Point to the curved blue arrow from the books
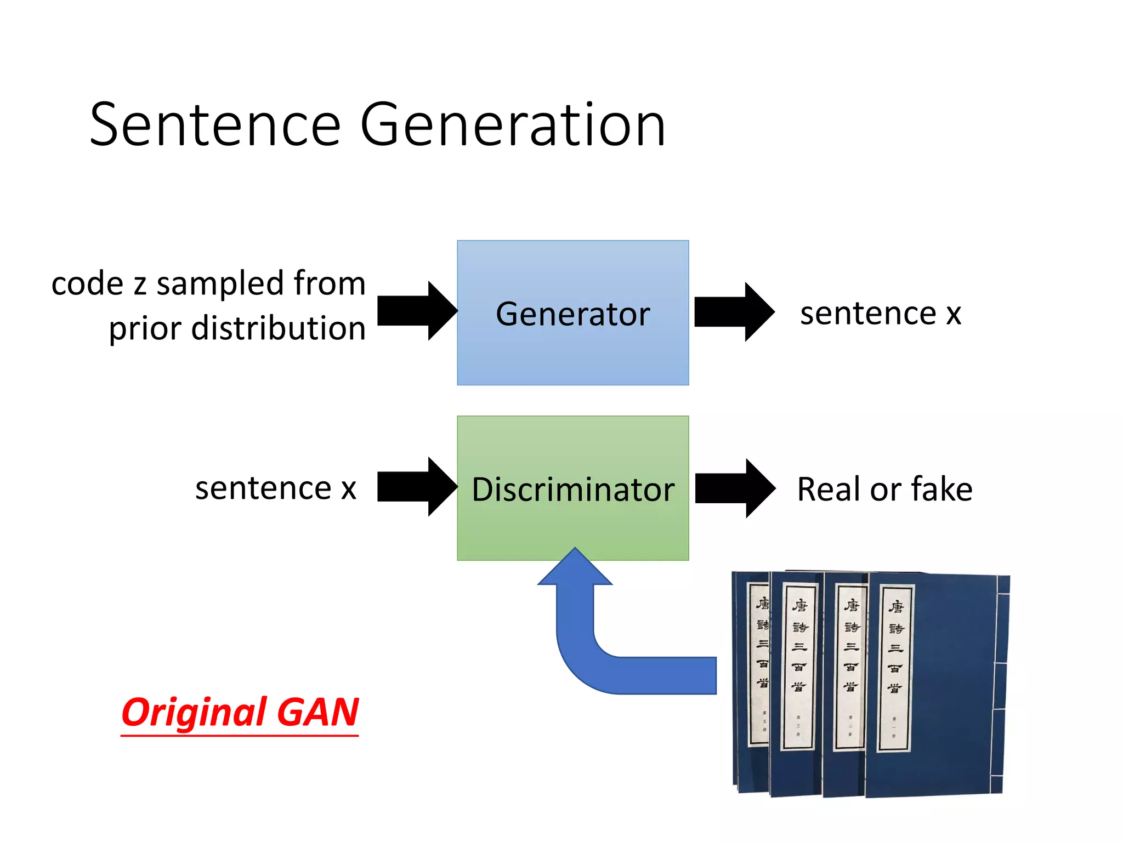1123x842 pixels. point(603,658)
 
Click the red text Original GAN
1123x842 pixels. point(240,713)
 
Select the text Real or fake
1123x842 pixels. point(884,489)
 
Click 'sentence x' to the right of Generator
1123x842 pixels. point(880,314)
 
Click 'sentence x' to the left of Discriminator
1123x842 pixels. point(276,488)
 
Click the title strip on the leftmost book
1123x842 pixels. point(760,663)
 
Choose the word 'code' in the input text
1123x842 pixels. point(88,284)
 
